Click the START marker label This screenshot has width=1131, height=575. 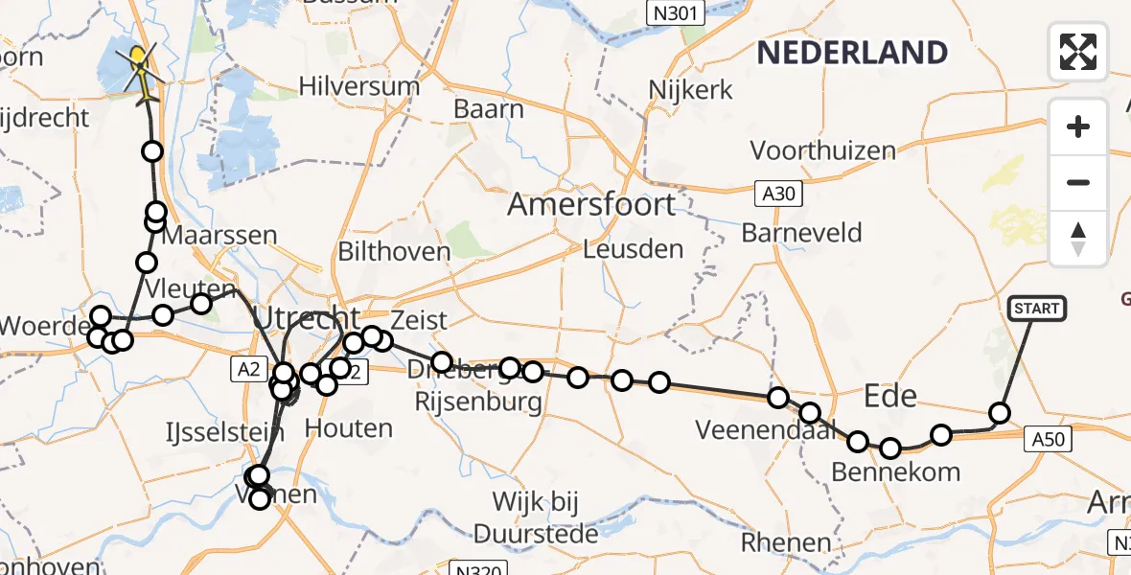(1036, 309)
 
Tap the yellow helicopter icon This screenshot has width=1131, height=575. (139, 73)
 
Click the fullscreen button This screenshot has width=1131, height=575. (1078, 51)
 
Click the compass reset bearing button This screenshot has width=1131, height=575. (1078, 238)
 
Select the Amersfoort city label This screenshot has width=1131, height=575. (591, 204)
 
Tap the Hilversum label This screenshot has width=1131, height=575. (359, 86)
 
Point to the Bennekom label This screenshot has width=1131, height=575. (895, 471)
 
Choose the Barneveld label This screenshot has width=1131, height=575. (802, 233)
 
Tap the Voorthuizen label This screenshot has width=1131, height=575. (823, 150)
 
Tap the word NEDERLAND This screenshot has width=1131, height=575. (852, 52)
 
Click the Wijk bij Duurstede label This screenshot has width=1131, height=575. (536, 517)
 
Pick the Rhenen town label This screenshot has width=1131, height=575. (787, 543)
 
